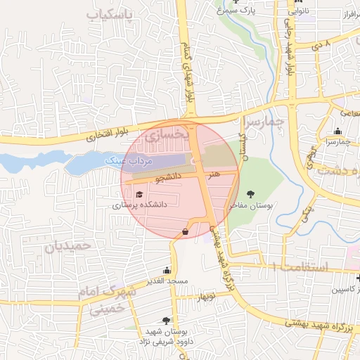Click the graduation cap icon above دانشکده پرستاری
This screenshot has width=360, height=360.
click(x=139, y=195)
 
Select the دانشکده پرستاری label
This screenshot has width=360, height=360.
click(x=139, y=206)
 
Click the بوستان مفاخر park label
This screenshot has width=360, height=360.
click(x=250, y=206)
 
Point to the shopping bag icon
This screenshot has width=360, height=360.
click(x=185, y=231)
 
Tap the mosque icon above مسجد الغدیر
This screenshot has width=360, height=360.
click(x=167, y=270)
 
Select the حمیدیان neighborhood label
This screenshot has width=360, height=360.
click(x=68, y=246)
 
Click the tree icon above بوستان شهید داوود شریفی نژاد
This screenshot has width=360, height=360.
click(x=167, y=320)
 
